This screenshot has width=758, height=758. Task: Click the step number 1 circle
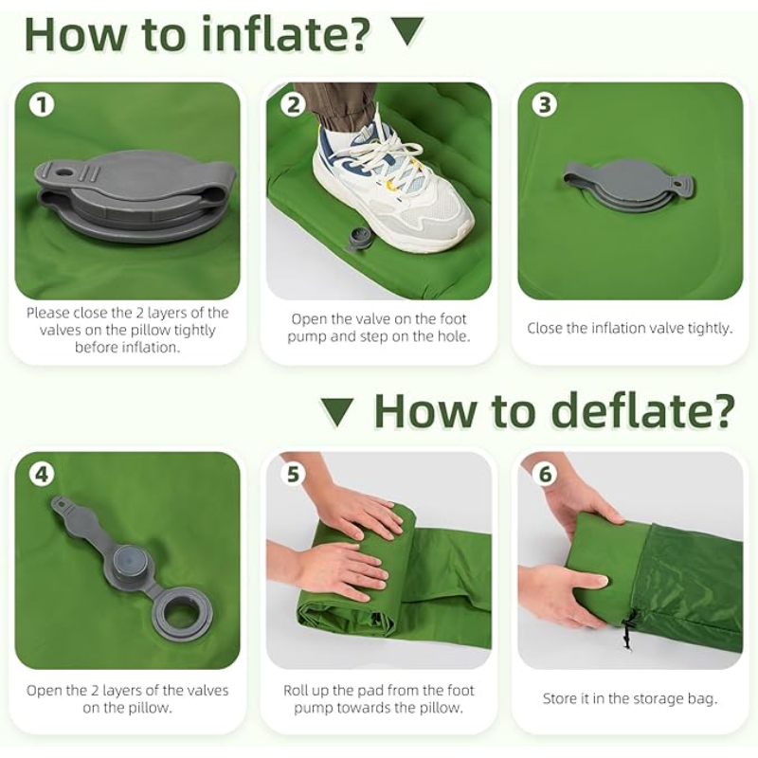coord(42,105)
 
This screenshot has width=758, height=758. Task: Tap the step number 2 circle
coord(294,105)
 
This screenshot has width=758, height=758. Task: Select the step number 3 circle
coord(545,105)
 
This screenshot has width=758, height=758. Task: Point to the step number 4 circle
coord(42,475)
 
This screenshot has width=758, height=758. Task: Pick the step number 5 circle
coord(294,475)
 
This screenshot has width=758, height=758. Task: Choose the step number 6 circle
coord(545,475)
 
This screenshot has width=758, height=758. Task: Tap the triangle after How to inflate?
coord(406,31)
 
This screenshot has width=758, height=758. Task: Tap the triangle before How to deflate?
coord(337,412)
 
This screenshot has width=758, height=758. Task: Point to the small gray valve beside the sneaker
coord(356,239)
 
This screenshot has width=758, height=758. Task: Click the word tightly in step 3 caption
coord(710,328)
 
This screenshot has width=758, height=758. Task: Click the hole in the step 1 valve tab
coord(63,171)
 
